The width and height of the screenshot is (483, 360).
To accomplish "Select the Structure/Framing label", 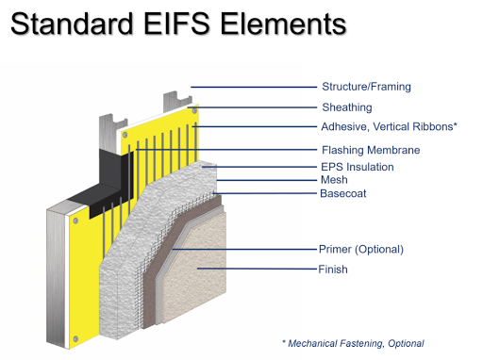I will (x=365, y=88).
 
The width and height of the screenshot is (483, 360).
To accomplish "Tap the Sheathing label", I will (x=346, y=107).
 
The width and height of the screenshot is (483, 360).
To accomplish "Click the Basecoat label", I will (x=342, y=194).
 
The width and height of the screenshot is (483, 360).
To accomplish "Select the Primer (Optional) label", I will (x=360, y=250).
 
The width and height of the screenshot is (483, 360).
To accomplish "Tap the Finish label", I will (x=334, y=270).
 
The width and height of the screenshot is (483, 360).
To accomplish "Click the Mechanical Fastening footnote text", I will (x=354, y=343).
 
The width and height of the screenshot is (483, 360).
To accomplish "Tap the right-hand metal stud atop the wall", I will (x=176, y=102).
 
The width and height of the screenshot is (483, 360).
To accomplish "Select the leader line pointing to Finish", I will (x=255, y=270).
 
